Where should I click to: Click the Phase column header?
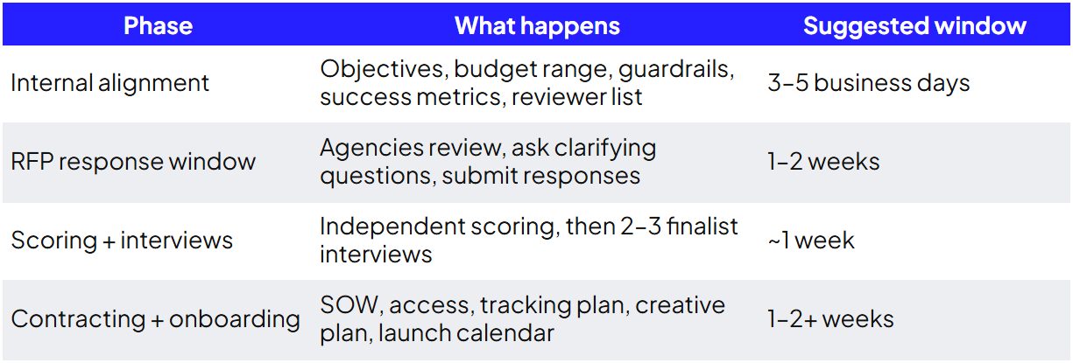click(158, 26)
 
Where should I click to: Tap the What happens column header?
click(537, 27)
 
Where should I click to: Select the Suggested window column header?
click(914, 27)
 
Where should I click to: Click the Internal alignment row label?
click(109, 83)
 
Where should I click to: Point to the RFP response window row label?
click(133, 162)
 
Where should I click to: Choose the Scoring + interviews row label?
click(122, 240)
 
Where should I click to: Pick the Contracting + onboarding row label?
click(155, 319)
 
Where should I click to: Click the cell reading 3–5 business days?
click(868, 83)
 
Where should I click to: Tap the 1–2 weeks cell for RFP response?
click(823, 162)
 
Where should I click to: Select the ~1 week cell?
click(811, 240)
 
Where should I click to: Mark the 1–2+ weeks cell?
click(830, 319)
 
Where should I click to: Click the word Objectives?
click(385, 70)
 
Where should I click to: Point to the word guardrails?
click(676, 70)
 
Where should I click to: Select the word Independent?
click(392, 227)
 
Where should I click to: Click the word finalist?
click(702, 227)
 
